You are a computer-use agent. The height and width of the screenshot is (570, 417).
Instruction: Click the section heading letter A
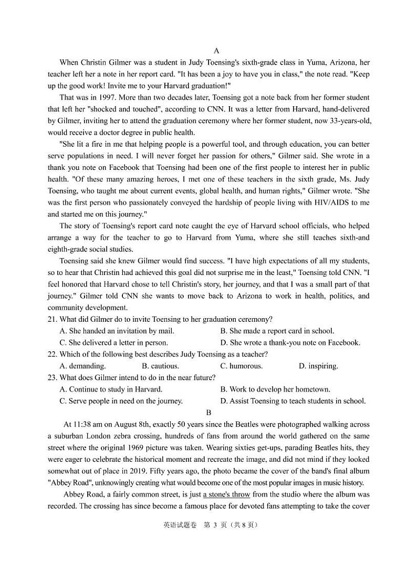(x=216, y=50)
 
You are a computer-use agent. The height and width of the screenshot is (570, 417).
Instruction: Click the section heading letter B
(x=208, y=413)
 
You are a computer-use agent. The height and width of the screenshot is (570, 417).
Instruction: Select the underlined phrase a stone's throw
(x=226, y=495)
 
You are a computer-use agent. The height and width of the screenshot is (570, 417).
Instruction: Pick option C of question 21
(x=114, y=343)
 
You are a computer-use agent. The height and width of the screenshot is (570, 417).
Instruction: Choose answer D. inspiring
(x=318, y=366)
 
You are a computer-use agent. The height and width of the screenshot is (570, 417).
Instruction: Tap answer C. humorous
(x=241, y=366)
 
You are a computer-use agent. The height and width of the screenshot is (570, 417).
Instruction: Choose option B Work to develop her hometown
(x=275, y=390)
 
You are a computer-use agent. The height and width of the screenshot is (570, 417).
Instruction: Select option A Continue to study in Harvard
(x=111, y=390)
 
